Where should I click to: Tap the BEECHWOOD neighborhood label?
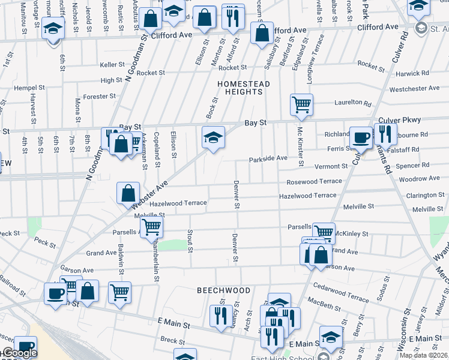click(224, 290)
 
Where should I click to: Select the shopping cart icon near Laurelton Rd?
click(301, 105)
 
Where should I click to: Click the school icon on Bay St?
click(213, 137)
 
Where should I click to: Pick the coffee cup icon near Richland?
click(361, 137)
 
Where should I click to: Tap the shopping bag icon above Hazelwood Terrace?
click(128, 193)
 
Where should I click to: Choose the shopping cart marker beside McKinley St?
click(324, 232)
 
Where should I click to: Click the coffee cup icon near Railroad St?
click(56, 294)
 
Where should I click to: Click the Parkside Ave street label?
click(268, 158)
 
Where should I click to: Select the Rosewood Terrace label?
click(314, 181)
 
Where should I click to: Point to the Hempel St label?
click(29, 88)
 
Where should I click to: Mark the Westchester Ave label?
click(414, 89)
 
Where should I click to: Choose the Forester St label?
click(99, 96)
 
